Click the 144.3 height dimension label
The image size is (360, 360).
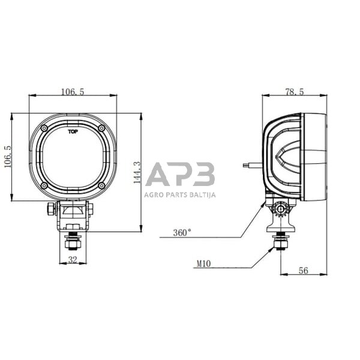pos(137,172)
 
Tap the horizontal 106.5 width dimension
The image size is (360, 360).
pos(73,92)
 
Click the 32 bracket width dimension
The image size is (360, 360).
pos(73,260)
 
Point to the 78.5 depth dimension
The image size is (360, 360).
pos(293,92)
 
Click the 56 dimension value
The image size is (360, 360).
pos(303,271)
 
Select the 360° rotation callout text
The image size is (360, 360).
pos(182,232)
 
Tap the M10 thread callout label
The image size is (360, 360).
pos(205,262)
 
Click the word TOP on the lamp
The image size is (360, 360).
pos(73,131)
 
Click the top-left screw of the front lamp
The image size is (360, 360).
pos(44,128)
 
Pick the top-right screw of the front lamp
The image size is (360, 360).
pos(101,128)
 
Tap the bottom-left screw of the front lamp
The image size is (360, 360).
pos(44,185)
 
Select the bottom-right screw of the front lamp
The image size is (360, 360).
pos(101,185)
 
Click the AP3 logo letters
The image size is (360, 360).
pos(180,175)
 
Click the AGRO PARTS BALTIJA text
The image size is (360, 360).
pos(180,194)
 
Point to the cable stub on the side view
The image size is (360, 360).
pos(252,164)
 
